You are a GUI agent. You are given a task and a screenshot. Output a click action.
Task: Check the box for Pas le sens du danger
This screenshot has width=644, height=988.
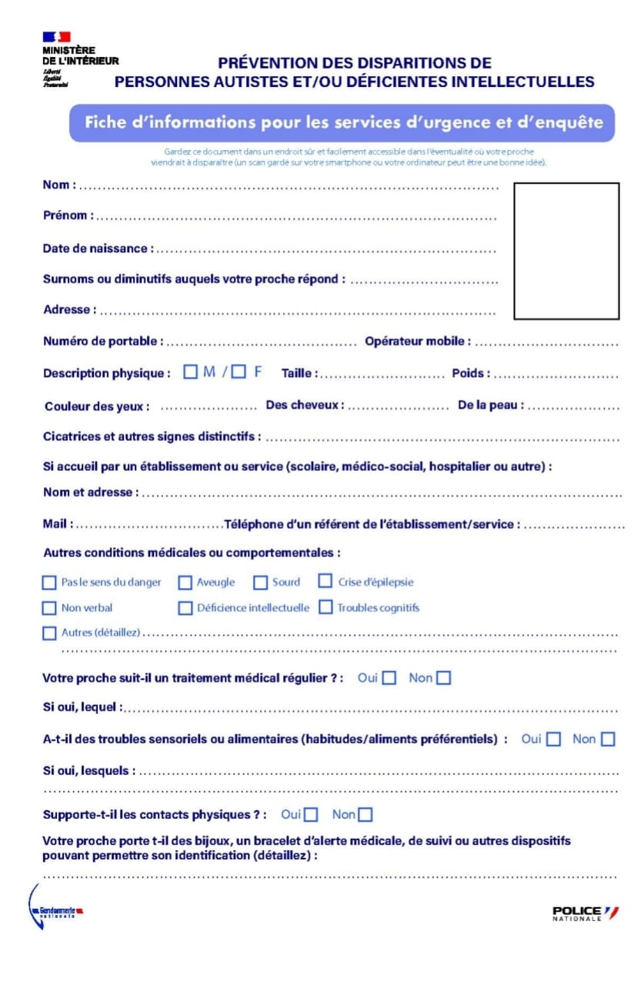tap(49, 582)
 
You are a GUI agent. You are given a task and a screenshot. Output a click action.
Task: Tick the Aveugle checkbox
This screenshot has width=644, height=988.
tap(185, 582)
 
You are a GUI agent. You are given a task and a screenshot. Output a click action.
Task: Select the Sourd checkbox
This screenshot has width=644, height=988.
tap(261, 582)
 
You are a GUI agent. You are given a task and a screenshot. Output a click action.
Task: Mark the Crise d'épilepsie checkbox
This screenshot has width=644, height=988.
tap(325, 582)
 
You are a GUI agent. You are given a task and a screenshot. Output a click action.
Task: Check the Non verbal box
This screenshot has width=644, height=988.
tap(49, 608)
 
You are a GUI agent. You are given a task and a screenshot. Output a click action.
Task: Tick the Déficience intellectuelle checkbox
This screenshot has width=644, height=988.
tap(185, 608)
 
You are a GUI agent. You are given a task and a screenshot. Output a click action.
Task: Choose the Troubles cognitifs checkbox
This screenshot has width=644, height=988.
tap(325, 607)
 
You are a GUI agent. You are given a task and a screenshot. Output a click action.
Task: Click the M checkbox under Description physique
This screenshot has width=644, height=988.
tap(190, 372)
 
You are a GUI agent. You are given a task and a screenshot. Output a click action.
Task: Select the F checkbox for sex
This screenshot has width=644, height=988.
tap(239, 372)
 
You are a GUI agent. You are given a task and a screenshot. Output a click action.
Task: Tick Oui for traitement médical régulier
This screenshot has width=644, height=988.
tap(389, 678)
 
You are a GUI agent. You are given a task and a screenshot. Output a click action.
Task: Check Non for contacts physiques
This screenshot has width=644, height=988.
tap(365, 814)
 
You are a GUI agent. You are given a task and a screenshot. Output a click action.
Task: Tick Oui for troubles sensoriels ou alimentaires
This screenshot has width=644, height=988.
tap(554, 739)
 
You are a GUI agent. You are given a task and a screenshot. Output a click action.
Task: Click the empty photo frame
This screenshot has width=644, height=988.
tap(566, 251)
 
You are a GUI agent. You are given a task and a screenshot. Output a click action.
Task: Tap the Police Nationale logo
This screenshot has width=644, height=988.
tap(585, 913)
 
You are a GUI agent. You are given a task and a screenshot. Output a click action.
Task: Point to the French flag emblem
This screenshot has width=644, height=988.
tap(56, 36)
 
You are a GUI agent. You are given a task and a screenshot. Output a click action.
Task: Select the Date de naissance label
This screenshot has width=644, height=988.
tap(98, 249)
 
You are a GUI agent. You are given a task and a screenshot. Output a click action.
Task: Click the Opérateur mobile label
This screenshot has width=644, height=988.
tap(417, 341)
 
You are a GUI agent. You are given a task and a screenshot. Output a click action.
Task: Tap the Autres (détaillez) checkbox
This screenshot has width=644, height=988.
tap(49, 633)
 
